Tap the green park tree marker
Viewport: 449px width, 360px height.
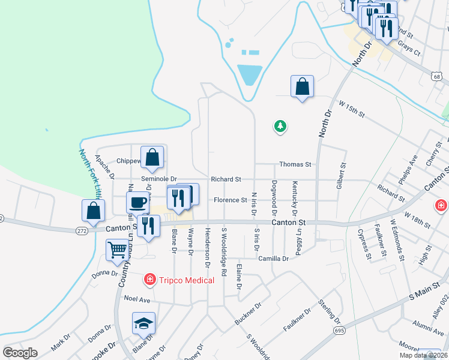point(280,126)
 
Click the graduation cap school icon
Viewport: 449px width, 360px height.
point(143,323)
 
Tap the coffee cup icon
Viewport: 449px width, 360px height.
point(138,202)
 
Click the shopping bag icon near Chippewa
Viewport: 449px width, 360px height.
point(153,157)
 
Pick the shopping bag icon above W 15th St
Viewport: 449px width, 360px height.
point(302,86)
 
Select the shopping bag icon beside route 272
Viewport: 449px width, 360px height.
point(94,210)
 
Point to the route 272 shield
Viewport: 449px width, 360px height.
point(83,230)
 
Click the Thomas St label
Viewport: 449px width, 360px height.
point(295,164)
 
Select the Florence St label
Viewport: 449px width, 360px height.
point(228,200)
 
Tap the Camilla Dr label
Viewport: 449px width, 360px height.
point(274,258)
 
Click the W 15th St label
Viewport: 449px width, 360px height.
point(352,110)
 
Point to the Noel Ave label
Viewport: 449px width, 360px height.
point(136,298)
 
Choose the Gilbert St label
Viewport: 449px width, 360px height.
point(342,173)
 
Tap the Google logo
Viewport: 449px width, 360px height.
point(20,353)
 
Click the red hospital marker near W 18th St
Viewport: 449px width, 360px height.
point(441,206)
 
